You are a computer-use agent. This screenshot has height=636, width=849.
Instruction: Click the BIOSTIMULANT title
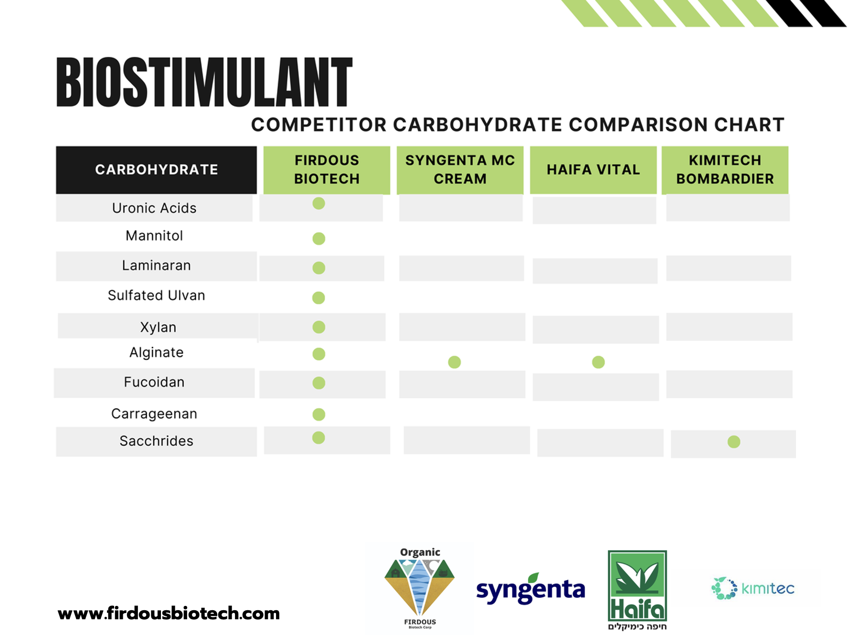[x=204, y=82]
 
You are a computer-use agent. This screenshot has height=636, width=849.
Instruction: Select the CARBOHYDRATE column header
[x=156, y=170]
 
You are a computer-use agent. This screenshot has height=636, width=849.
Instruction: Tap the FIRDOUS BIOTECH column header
[x=327, y=170]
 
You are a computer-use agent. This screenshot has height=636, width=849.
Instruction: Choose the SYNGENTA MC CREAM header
[x=460, y=170]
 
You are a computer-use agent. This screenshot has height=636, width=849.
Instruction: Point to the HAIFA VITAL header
[x=593, y=170]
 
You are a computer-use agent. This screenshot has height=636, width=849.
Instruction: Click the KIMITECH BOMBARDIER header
[x=725, y=170]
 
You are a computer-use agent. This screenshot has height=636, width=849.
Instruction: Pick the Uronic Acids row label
[x=154, y=208]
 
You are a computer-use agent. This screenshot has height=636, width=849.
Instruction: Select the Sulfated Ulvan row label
[x=157, y=296]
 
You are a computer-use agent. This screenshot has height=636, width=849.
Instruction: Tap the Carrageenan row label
[x=154, y=414]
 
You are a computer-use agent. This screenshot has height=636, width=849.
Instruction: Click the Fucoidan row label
[x=154, y=382]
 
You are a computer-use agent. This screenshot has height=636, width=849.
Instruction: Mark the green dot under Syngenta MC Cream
[x=455, y=362]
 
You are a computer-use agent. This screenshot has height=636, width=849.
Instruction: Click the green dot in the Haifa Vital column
[x=598, y=362]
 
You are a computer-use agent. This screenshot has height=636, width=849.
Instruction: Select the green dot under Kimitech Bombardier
[x=734, y=442]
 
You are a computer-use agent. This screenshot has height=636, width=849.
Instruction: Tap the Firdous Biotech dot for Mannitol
[x=319, y=239]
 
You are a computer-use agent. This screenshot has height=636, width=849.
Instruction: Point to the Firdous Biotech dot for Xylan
[x=319, y=327]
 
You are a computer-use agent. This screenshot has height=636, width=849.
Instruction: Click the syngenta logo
[x=531, y=589]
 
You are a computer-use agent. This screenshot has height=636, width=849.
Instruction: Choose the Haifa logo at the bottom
[x=637, y=590]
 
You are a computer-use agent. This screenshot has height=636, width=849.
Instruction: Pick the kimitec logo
[x=753, y=588]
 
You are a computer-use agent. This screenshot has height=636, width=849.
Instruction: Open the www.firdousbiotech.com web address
[x=169, y=614]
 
